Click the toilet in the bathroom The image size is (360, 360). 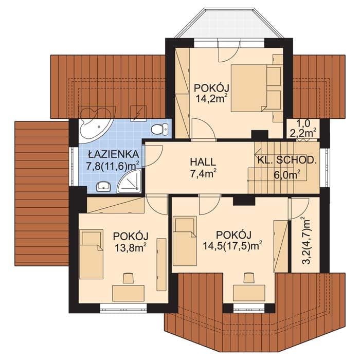coord(160,129)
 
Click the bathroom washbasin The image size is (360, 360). coord(103,186)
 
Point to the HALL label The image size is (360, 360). coord(203,162)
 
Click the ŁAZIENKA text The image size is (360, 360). coord(114,154)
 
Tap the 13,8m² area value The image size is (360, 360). coord(131,247)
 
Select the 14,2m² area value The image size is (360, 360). coord(212,98)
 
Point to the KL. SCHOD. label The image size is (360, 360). coord(287,160)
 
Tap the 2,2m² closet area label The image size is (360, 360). coord(303,133)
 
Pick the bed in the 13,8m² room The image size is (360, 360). coord(92,254)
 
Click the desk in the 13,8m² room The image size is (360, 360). coord(128,293)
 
